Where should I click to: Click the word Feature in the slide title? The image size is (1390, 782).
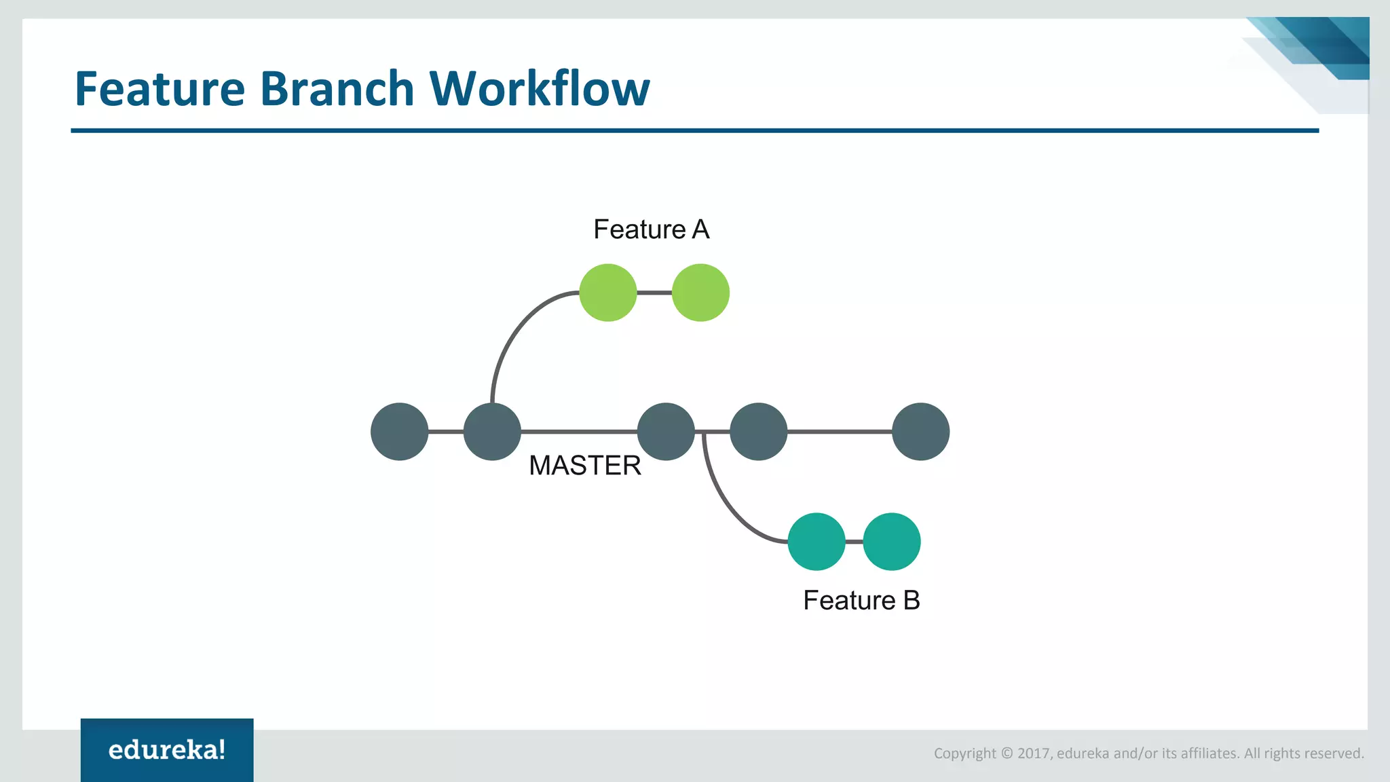[x=159, y=89]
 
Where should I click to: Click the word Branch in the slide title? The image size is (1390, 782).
[x=337, y=89]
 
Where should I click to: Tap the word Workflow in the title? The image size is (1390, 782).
[x=540, y=89]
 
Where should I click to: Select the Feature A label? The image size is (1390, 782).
[x=651, y=229]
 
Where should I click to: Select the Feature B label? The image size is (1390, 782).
[x=861, y=600]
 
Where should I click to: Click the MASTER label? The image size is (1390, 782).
[x=584, y=466]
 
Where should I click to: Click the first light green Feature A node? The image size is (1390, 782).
[x=608, y=293]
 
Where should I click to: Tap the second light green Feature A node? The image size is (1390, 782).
[x=700, y=293]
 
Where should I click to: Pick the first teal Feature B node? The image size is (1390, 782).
[x=816, y=542]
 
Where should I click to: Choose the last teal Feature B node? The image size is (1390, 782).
[x=892, y=542]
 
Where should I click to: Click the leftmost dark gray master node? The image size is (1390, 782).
[x=400, y=432]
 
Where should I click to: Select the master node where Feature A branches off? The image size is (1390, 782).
[x=492, y=432]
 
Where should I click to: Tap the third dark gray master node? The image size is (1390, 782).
[x=666, y=432]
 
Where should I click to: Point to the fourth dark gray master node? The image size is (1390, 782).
[x=758, y=432]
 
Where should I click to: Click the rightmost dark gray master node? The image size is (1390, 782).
[x=920, y=432]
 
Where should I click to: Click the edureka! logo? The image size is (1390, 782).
[x=167, y=750]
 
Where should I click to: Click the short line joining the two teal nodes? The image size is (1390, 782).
[x=854, y=542]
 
